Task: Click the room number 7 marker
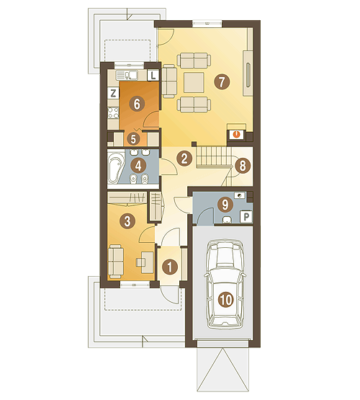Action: coord(222,81)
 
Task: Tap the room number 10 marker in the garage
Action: coord(226,299)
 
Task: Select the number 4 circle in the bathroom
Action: coord(138,166)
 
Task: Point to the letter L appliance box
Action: coord(153,75)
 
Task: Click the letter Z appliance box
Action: coord(113,93)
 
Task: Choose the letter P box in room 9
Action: coord(246,217)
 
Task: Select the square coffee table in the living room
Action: coord(194,82)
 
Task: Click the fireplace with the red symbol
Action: coord(237,135)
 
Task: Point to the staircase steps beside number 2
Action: coord(213,157)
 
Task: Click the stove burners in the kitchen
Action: coord(113,113)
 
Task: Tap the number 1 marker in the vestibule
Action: coord(170,267)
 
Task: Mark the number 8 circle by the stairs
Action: coord(243,166)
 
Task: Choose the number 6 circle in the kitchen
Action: coord(137,104)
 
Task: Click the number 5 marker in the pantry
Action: coord(133,139)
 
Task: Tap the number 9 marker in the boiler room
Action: coord(225,205)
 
